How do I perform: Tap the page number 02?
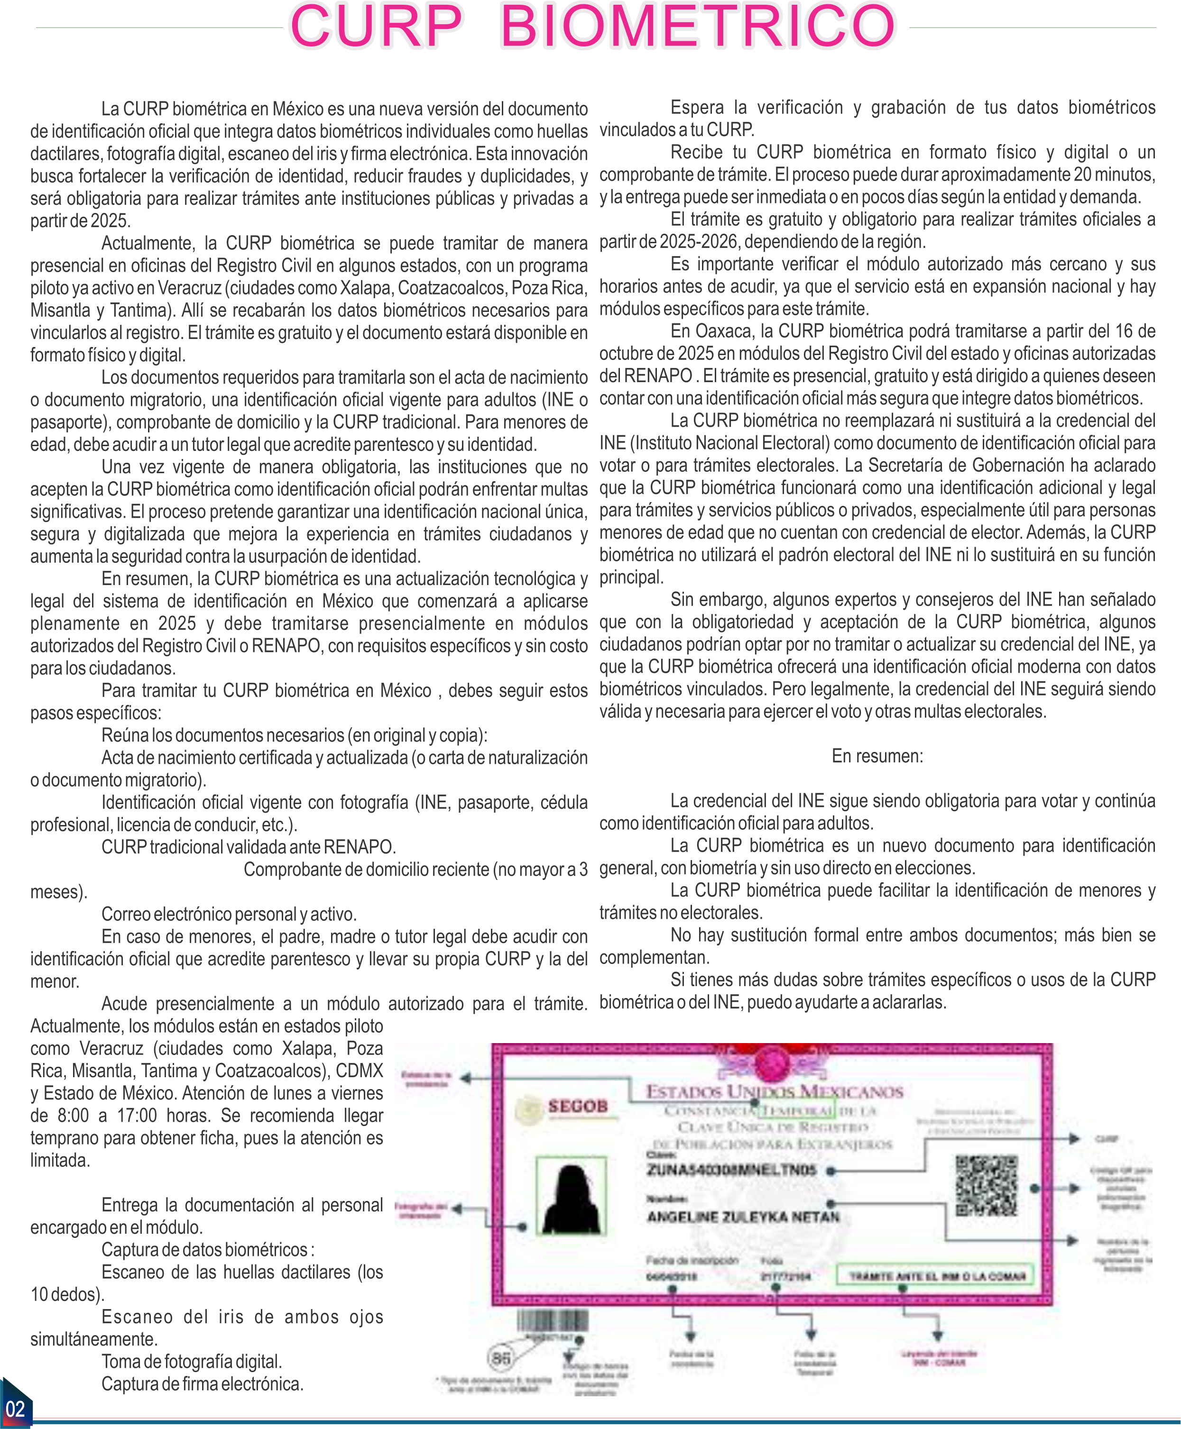pos(15,1409)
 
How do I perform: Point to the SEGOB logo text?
pos(578,1106)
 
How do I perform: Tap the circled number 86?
pos(501,1358)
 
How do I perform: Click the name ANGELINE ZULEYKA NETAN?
pos(743,1216)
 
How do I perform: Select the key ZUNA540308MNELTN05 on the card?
pos(731,1170)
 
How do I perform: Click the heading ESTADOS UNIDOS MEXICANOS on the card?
pos(774,1091)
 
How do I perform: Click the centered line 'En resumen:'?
pos(877,756)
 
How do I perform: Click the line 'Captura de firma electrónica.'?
pos(202,1384)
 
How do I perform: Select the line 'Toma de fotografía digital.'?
pos(191,1362)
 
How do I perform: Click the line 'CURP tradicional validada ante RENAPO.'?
pos(249,847)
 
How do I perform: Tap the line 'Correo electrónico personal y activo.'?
pos(229,914)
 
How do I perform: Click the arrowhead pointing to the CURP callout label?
pos(1075,1138)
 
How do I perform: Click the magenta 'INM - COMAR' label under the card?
pos(939,1363)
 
